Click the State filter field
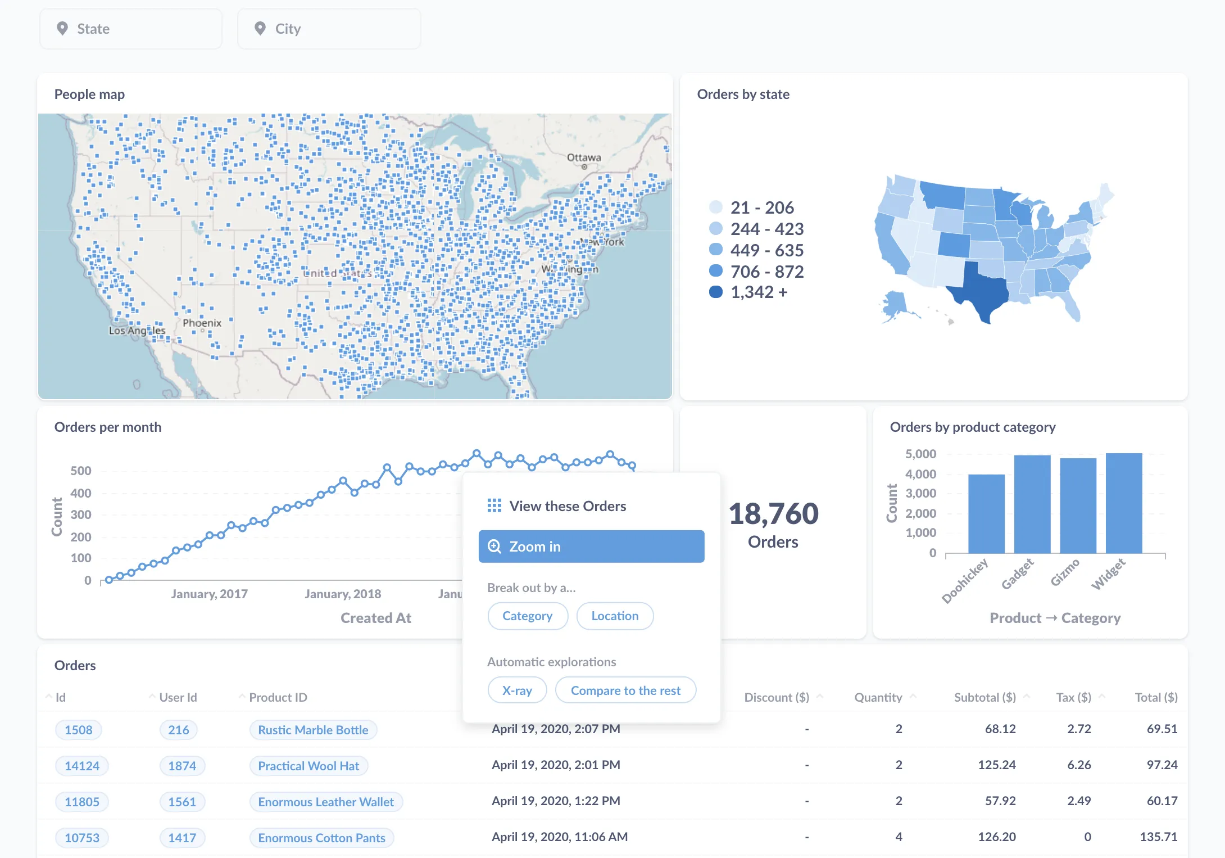pos(130,29)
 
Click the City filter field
pos(329,29)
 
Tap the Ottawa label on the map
pos(584,157)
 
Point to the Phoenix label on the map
pos(202,323)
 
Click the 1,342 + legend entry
pos(758,292)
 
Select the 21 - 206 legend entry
pos(761,207)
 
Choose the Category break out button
pos(527,616)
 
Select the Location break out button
pos(615,616)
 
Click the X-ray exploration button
pos(517,690)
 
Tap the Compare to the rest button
pos(625,690)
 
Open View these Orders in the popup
pos(567,506)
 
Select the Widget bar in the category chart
pos(1124,503)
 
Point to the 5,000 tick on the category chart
pos(920,454)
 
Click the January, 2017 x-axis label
pos(209,594)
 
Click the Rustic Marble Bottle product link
pos(313,730)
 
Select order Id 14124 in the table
pos(82,766)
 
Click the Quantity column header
pos(878,697)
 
